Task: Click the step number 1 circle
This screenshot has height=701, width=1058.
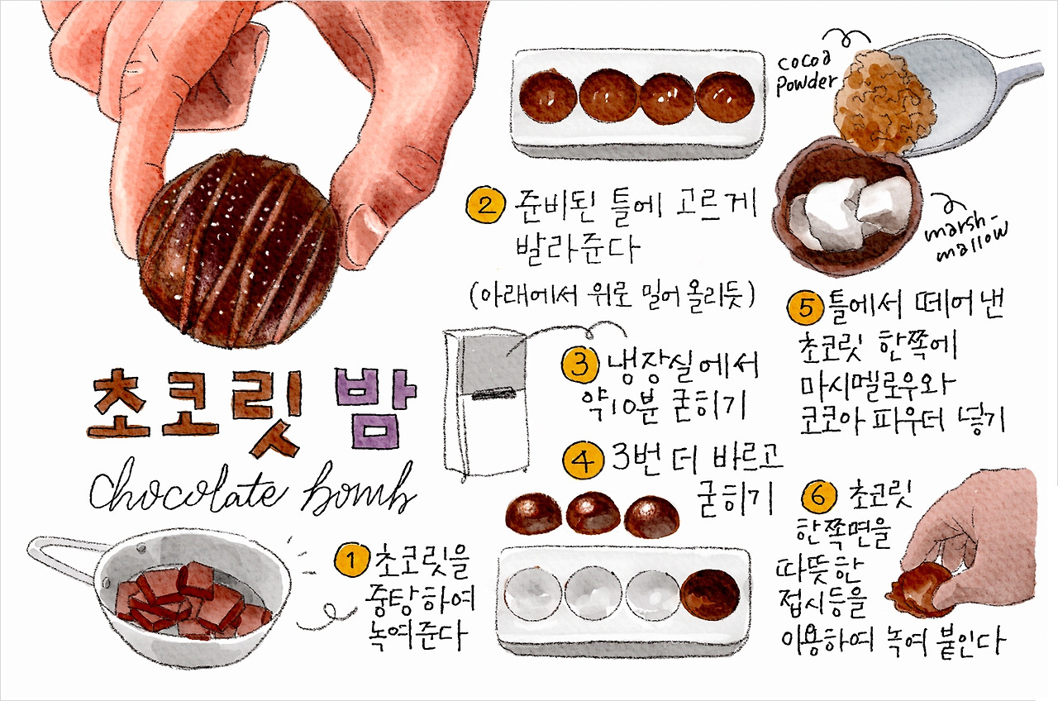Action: coord(350,562)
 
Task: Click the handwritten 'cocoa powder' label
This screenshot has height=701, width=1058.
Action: coord(806,73)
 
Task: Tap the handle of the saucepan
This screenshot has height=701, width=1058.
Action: coord(62,552)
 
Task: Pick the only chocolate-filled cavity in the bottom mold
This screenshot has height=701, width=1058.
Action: coord(710,595)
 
